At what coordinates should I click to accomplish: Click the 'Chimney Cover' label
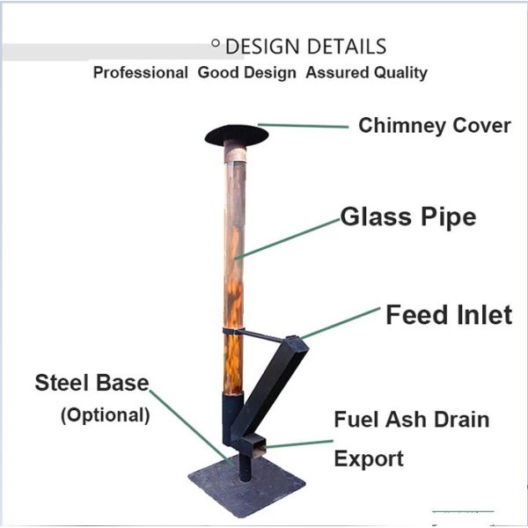click(434, 126)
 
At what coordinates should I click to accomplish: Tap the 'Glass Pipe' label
click(408, 216)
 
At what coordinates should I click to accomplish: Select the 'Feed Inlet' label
click(448, 314)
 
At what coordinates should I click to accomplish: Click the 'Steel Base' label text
click(92, 383)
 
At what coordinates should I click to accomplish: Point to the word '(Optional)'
click(105, 414)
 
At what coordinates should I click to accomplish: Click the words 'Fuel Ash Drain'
click(411, 419)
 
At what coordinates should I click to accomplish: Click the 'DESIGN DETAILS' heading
click(305, 47)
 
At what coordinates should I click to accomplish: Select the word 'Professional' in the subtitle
click(140, 73)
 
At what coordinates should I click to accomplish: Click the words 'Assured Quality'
click(366, 73)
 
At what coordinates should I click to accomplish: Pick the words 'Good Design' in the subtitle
click(246, 73)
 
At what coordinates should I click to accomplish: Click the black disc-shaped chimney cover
click(236, 134)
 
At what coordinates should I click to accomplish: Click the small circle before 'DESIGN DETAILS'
click(216, 42)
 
